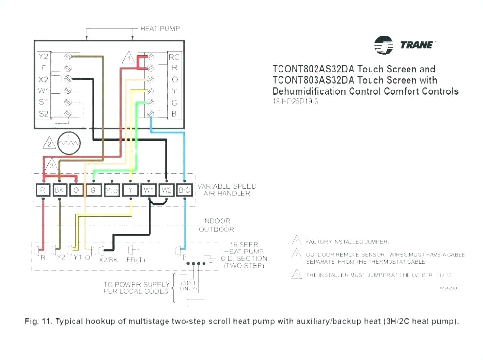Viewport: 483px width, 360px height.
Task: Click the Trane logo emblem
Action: tap(384, 45)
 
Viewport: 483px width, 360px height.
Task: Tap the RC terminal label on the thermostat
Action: tap(174, 57)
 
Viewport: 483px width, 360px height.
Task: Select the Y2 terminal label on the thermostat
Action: tap(43, 57)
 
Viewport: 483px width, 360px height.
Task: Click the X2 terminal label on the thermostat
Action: tap(43, 79)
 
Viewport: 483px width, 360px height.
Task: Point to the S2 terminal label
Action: tap(43, 113)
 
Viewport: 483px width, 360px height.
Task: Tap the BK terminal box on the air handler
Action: tap(59, 190)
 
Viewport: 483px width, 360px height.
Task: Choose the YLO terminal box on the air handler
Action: tap(111, 190)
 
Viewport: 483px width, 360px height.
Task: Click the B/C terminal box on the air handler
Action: tap(185, 190)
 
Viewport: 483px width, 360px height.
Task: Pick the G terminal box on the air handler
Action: tap(93, 190)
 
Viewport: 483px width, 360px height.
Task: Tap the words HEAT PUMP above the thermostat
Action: tap(160, 29)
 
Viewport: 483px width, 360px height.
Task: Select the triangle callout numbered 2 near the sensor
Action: tap(49, 144)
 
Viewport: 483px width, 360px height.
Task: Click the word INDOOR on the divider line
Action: tap(217, 221)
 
